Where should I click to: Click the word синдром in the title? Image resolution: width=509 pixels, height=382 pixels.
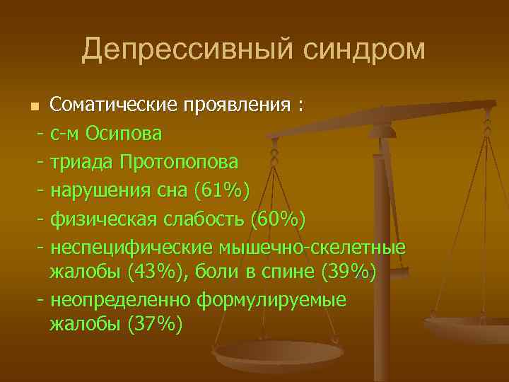[366, 50]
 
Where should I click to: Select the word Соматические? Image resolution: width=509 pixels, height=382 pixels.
[115, 105]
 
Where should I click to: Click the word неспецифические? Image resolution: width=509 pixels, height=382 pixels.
[130, 247]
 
